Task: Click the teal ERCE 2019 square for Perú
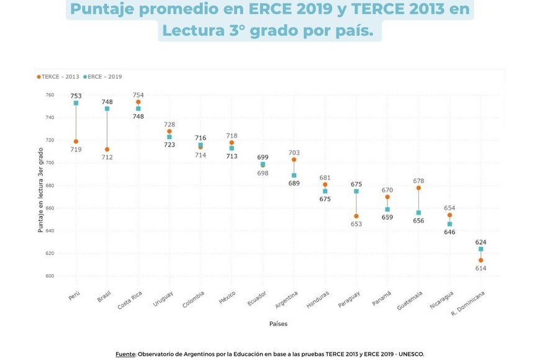[x=76, y=103]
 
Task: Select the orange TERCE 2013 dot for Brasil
[x=107, y=150]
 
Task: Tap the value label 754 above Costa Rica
[x=138, y=96]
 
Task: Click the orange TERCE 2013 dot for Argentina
[x=294, y=160]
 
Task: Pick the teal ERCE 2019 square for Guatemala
[x=418, y=213]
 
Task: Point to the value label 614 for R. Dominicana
[x=480, y=268]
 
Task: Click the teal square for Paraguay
[x=356, y=191]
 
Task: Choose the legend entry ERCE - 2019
[x=104, y=77]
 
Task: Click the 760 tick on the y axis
[x=50, y=95]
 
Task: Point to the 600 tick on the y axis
[x=50, y=276]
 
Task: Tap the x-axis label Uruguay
[x=164, y=298]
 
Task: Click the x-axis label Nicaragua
[x=442, y=300]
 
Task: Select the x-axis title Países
[x=278, y=324]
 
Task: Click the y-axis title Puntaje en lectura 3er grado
[x=41, y=190]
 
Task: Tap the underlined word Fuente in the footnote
[x=125, y=354]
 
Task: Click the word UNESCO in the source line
[x=410, y=354]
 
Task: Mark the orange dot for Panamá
[x=387, y=197]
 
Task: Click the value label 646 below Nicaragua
[x=449, y=232]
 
